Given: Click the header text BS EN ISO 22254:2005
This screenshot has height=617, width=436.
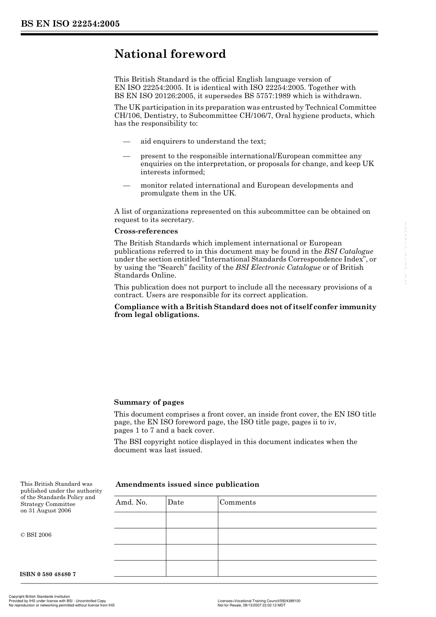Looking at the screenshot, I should [70, 24].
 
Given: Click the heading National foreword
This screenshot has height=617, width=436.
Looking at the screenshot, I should [170, 54].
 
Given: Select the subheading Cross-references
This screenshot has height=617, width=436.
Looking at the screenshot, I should [146, 231].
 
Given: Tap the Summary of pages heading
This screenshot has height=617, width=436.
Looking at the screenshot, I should [149, 402].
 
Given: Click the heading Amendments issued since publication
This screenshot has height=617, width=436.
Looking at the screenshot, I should [187, 484].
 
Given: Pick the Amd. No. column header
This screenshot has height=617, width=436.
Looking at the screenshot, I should [131, 502].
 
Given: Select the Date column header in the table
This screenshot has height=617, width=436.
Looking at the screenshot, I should [175, 502].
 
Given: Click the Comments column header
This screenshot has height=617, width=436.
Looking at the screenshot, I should [238, 502].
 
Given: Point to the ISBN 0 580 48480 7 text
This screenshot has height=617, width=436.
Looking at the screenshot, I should [48, 574].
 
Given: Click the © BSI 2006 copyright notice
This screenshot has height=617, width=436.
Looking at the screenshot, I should [36, 535].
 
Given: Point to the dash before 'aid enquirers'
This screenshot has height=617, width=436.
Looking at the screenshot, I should [127, 141].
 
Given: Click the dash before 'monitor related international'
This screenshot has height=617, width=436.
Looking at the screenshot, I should [127, 185].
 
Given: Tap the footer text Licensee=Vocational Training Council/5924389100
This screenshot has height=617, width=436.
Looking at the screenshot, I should [259, 601].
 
